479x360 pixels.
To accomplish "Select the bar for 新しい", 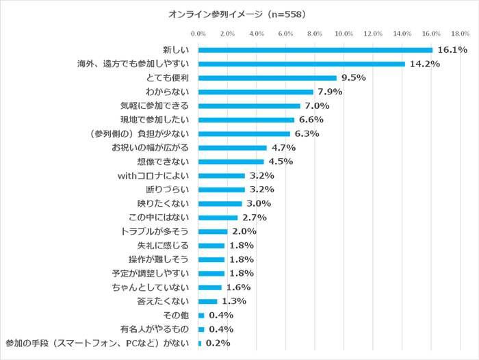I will click(315, 50).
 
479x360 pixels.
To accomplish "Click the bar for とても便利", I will click(267, 78).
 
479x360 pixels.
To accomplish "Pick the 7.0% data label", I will click(317, 106).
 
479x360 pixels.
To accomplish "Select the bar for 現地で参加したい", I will click(246, 120).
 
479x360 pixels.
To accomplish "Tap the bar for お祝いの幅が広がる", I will click(232, 148).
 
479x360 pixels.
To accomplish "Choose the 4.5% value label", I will click(281, 162).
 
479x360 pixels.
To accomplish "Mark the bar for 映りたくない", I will click(220, 203).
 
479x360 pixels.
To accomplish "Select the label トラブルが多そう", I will click(158, 231).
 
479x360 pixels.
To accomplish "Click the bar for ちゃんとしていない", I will click(209, 287).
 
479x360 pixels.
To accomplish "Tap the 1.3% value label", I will click(234, 301).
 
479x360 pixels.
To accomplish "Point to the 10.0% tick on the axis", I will click(344, 33).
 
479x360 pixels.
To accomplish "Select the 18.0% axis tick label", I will click(460, 33).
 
